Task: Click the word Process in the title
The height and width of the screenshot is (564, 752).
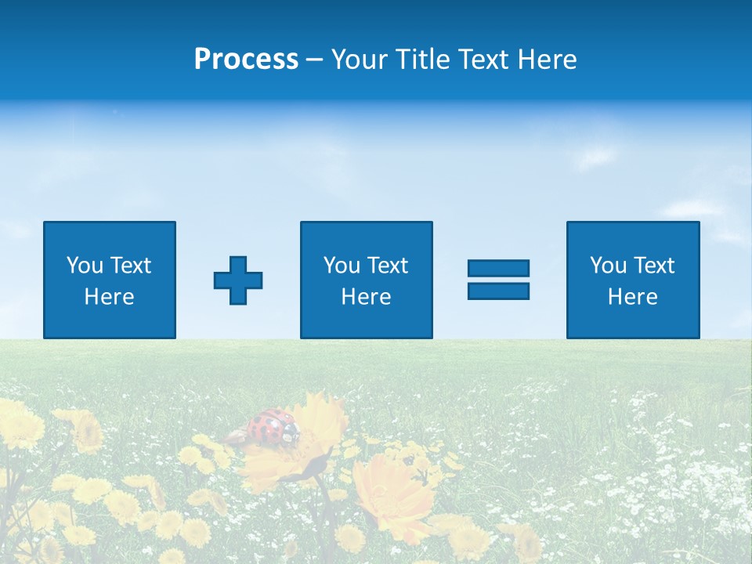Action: click(246, 60)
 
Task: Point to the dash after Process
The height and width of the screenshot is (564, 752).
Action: click(315, 60)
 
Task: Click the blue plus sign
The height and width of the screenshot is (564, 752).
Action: click(238, 280)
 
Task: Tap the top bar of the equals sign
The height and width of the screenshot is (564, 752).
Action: click(498, 268)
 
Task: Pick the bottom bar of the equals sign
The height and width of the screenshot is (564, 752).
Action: click(498, 291)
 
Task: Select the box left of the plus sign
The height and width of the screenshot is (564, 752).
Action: click(110, 280)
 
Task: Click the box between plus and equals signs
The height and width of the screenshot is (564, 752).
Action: click(366, 280)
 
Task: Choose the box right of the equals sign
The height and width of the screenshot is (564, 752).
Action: click(632, 280)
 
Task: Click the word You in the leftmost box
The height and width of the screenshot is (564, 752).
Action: click(85, 266)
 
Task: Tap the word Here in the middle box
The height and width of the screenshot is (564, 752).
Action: click(366, 297)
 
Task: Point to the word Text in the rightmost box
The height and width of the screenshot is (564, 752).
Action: click(654, 266)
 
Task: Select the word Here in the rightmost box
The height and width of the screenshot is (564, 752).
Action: click(632, 297)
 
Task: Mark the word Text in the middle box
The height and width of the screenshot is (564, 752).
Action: click(388, 266)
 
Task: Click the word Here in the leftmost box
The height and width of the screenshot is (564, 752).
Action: click(110, 297)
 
